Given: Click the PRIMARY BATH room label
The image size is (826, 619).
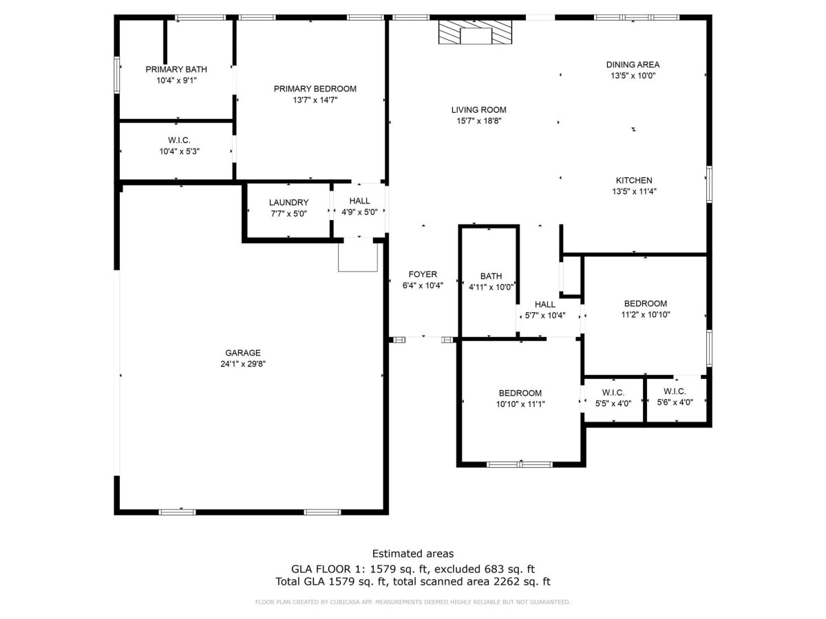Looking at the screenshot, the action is click(176, 69).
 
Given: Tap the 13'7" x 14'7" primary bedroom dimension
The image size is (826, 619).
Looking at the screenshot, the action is click(315, 100).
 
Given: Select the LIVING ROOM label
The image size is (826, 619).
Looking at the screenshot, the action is click(478, 110).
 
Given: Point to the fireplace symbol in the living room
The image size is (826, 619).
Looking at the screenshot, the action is click(475, 32).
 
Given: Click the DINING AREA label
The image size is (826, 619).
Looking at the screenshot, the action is click(633, 65).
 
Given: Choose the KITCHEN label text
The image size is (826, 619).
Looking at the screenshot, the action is click(634, 180).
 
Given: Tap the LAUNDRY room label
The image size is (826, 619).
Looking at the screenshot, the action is click(288, 203).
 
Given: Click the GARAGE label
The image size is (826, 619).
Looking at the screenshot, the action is click(243, 353).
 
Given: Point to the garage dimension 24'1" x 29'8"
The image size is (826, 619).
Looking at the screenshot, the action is click(243, 364).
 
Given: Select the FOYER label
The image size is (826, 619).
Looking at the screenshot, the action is click(423, 274).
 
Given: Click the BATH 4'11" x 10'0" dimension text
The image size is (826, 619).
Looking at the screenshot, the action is click(491, 287).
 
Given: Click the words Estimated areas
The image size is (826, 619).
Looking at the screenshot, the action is click(413, 554).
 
